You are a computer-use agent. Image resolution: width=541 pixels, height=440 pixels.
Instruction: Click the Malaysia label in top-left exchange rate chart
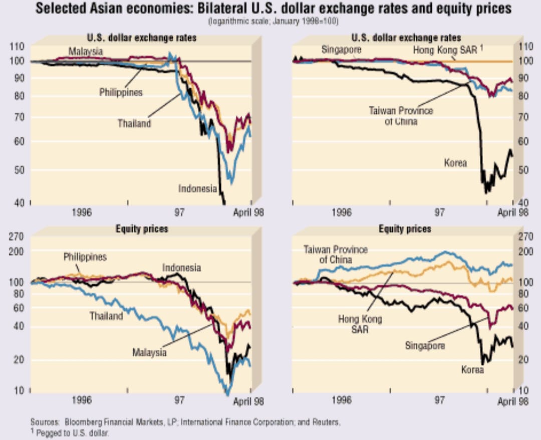point(86,51)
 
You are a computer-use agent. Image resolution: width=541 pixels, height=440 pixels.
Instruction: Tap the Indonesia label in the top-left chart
point(197,189)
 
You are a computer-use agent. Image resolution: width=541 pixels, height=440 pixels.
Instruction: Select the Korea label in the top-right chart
point(455,162)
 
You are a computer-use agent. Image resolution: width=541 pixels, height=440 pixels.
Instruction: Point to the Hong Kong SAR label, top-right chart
point(444,50)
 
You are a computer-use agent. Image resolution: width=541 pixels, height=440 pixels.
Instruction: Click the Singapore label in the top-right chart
point(341,50)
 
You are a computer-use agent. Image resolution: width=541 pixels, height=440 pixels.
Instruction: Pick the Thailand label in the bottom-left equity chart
point(106,316)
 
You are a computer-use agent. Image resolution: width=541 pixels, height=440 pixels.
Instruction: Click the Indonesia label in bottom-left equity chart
point(181,268)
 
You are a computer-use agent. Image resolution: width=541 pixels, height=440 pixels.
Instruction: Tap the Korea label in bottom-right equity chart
point(472,370)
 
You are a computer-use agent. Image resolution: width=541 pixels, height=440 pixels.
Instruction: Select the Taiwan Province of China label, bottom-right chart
point(336,255)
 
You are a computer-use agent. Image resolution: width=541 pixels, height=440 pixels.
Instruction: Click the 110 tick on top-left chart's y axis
point(17,47)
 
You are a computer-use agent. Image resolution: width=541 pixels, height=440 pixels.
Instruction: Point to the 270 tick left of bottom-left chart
point(17,237)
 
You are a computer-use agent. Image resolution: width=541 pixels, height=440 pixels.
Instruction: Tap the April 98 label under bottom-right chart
point(513,401)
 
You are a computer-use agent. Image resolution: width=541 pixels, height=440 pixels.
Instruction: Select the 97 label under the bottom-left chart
point(179,401)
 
